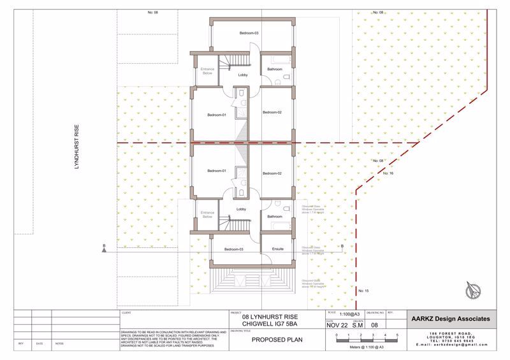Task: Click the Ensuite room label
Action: click(277, 248)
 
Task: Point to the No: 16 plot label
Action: click(391, 173)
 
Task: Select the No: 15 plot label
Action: click(364, 291)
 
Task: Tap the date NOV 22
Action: click(339, 325)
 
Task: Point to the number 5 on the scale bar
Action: click(397, 335)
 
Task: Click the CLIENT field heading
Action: click(125, 314)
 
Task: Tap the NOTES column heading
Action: click(60, 343)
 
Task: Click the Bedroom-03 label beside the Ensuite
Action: click(234, 248)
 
